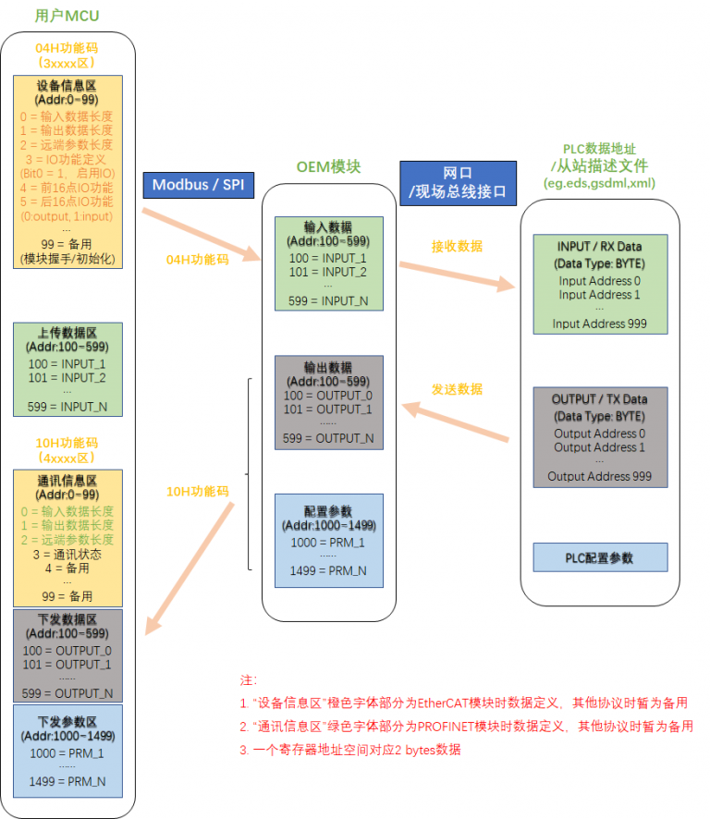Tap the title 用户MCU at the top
(x=67, y=16)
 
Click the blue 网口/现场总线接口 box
(x=458, y=182)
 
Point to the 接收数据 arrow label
(x=457, y=247)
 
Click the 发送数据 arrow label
(x=457, y=389)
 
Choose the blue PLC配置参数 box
(x=599, y=558)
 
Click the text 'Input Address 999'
(x=599, y=324)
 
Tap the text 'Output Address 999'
(x=599, y=477)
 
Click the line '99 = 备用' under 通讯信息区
(x=67, y=596)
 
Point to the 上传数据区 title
(x=67, y=334)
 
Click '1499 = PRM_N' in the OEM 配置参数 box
(x=328, y=571)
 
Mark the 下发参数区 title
(x=67, y=722)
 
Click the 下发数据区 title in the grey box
(x=67, y=619)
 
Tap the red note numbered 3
(x=350, y=750)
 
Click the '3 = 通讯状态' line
(x=67, y=555)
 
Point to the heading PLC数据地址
(x=599, y=149)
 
